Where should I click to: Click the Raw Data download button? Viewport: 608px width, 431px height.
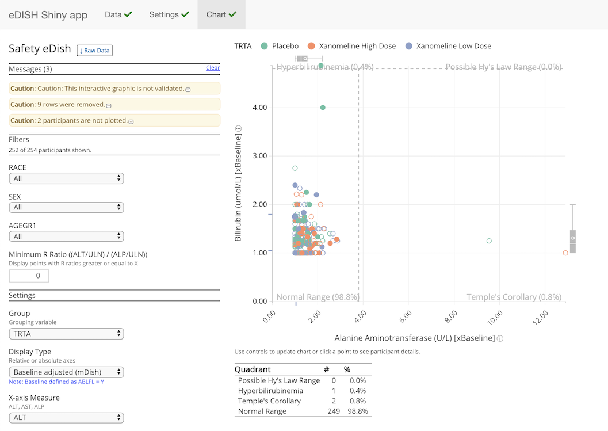pos(94,51)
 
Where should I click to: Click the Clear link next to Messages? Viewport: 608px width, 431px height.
pos(213,68)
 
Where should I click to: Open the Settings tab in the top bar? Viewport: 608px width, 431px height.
pos(169,14)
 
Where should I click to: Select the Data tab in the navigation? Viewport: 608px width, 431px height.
pos(118,14)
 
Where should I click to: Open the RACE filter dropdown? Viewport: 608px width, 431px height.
pos(66,178)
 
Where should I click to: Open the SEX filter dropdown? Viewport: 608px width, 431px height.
pos(66,207)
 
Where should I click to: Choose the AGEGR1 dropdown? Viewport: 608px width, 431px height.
pos(66,236)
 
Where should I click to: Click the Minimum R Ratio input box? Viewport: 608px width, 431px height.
pos(29,276)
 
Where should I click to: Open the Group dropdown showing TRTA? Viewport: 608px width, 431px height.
pos(66,334)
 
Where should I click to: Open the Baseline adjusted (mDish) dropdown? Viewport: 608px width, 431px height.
pos(66,372)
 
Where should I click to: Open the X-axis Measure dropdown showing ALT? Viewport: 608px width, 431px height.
pos(66,418)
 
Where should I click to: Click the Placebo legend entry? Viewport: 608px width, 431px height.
pos(280,46)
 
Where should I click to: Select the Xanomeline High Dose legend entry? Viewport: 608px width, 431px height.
pos(351,46)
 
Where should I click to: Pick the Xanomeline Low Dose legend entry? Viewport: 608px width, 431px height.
pos(448,46)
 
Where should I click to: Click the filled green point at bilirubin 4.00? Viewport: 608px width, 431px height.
pos(323,108)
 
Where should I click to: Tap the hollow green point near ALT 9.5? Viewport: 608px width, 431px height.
pos(489,241)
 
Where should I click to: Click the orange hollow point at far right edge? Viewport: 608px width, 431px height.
pos(565,253)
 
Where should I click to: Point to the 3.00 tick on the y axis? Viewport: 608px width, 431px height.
pos(259,156)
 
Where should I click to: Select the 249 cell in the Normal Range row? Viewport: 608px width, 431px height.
pos(330,411)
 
